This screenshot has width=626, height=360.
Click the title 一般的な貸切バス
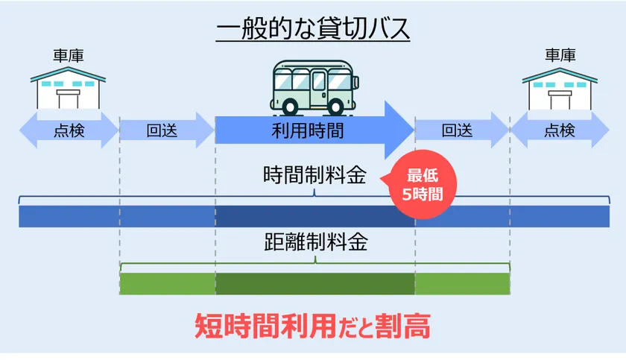(313, 31)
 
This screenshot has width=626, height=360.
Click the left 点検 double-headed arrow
(69, 130)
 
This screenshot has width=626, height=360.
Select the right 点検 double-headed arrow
(558, 130)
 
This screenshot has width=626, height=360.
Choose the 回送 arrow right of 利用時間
(460, 130)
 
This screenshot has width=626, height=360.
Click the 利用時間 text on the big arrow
(308, 131)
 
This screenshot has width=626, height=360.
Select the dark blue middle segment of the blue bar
(314, 215)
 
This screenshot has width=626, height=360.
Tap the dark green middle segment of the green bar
(314, 283)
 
